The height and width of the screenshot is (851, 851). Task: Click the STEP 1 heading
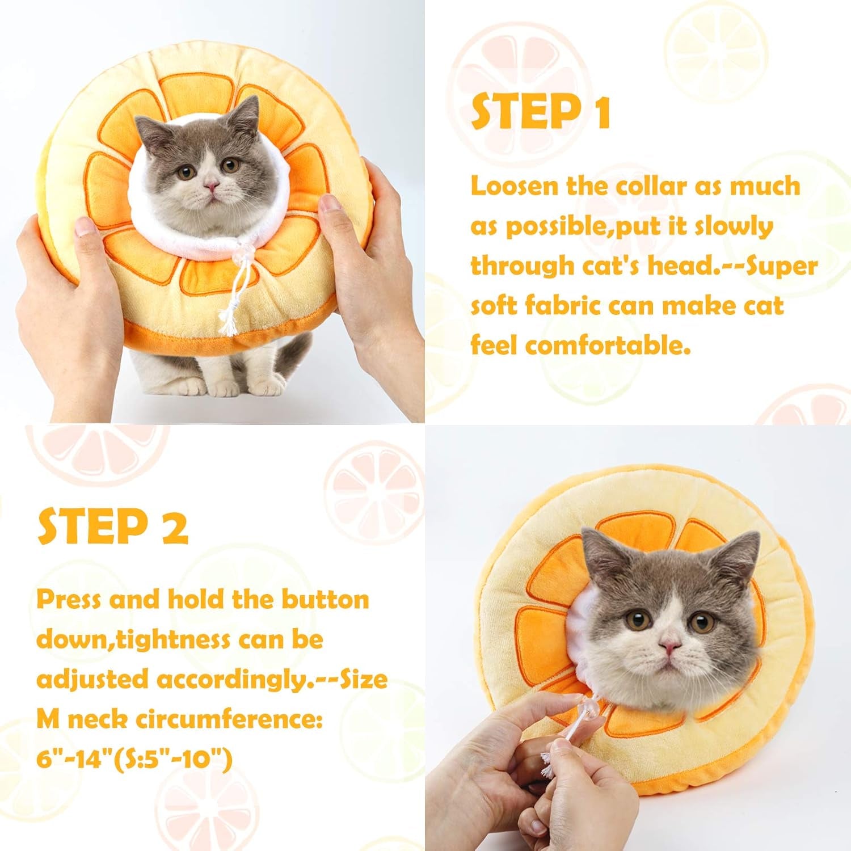541,112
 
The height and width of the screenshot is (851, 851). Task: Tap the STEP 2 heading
112,526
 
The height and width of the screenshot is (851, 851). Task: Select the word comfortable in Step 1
608,344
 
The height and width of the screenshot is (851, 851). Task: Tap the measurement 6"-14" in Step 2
72,759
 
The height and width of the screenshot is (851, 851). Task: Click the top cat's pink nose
212,186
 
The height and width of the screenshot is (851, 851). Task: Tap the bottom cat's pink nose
671,646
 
